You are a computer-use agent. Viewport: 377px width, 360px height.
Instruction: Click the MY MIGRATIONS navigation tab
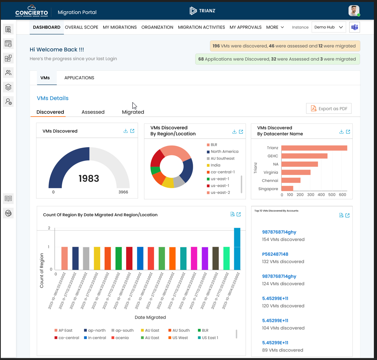[x=120, y=27]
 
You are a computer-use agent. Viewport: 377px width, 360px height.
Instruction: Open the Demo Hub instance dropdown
[x=329, y=27]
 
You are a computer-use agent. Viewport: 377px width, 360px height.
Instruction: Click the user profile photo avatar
[x=354, y=11]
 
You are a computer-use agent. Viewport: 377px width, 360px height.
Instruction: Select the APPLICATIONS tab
[x=79, y=78]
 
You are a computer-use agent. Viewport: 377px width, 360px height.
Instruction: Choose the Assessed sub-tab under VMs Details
[x=93, y=112]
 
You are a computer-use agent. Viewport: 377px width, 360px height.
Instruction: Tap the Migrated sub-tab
[x=133, y=112]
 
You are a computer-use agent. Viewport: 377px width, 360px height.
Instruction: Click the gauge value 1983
[x=89, y=178]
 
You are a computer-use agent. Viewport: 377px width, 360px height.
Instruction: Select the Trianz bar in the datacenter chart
[x=314, y=148]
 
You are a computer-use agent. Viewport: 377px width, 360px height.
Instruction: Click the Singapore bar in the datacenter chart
[x=287, y=189]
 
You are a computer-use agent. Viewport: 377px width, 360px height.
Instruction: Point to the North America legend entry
[x=224, y=151]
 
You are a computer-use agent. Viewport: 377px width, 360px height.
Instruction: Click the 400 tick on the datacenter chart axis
[x=321, y=195]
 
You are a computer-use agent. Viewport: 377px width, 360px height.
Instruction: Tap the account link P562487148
[x=275, y=254]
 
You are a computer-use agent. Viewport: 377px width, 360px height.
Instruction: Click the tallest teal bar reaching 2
[x=237, y=249]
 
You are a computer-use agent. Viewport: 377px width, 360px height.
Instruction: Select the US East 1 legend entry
[x=209, y=338]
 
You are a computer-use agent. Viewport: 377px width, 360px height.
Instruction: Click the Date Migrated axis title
[x=150, y=317]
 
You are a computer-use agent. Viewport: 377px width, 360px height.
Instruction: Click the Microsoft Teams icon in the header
[x=354, y=27]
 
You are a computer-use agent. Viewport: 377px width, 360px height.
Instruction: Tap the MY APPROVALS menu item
[x=245, y=27]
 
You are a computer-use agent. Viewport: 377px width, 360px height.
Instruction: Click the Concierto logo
[x=32, y=11]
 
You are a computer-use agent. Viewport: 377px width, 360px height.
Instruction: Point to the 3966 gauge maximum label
[x=123, y=192]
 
